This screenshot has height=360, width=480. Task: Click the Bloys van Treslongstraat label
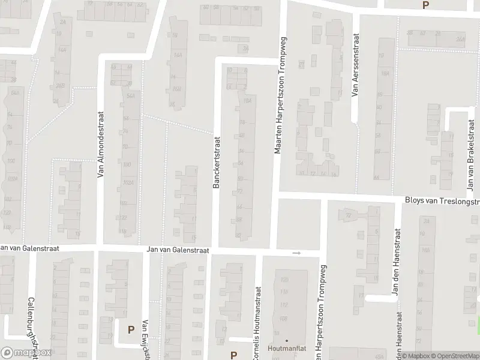point(440,202)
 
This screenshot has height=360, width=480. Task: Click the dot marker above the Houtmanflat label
point(286,341)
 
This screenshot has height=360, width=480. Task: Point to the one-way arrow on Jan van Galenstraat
point(296,253)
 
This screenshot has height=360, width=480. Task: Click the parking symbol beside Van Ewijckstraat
point(131,329)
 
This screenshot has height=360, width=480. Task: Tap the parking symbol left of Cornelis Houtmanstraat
point(234,355)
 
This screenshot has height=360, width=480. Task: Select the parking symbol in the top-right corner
point(425,5)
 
